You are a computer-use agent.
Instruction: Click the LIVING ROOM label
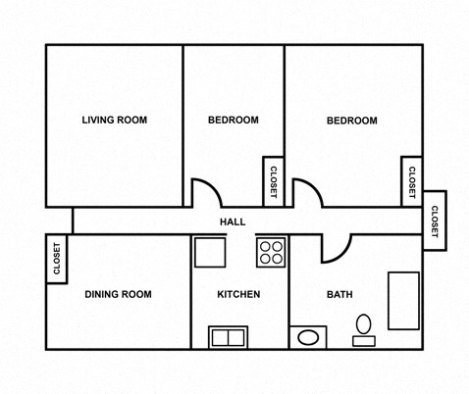point(114,121)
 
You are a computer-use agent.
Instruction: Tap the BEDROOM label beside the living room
point(233,121)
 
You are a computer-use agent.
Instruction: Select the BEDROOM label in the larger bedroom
point(351,121)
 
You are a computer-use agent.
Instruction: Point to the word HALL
point(233,222)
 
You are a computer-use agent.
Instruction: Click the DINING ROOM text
point(118,294)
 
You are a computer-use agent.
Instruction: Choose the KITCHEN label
point(238,294)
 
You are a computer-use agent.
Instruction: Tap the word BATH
point(339,294)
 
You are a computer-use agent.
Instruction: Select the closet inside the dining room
point(56,260)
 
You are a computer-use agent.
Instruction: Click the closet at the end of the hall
point(435,217)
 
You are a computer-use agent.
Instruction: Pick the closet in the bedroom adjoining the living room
point(273,181)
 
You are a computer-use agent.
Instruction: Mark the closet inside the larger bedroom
point(411,181)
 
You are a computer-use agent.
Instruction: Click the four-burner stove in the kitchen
point(271,252)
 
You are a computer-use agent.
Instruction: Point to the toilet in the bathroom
point(364,326)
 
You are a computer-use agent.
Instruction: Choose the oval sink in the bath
point(309,339)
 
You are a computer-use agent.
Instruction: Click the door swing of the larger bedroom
point(306,194)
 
